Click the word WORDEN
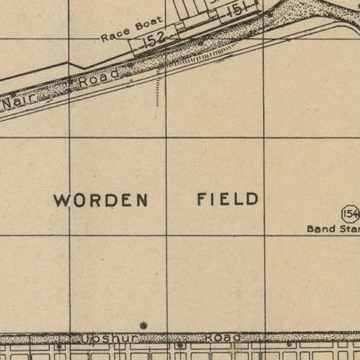coord(100,200)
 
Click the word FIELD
coord(227,199)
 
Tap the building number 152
coord(154,39)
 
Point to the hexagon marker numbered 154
coord(350,214)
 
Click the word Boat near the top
coord(149,25)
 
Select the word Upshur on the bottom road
coord(109,339)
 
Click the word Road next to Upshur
coord(222,338)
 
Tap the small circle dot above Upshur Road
coord(143,325)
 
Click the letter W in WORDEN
coord(61,200)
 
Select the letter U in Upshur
coord(87,339)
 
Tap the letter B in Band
coord(311,229)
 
